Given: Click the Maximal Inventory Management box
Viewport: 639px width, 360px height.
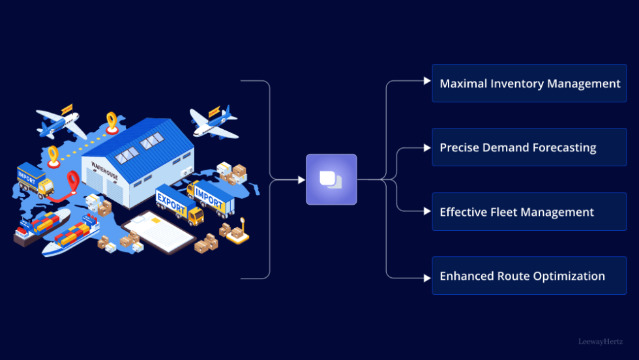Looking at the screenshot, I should click(x=529, y=83).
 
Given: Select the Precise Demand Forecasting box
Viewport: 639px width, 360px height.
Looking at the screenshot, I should click(x=529, y=147).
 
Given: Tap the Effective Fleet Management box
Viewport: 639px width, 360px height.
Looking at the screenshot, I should click(x=529, y=212).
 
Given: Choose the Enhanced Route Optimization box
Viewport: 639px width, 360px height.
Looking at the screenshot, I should click(x=529, y=276).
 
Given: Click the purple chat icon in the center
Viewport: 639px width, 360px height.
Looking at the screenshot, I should click(x=331, y=179).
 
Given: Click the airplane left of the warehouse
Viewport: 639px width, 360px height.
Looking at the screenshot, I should click(x=60, y=124).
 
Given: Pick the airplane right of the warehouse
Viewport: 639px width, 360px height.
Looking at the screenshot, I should click(x=213, y=123).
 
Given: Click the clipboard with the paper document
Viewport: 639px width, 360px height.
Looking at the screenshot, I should click(x=158, y=231).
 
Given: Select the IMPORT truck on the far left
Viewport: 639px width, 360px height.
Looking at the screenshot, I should click(x=34, y=181).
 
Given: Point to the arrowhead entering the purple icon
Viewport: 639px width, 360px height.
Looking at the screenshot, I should click(x=301, y=179).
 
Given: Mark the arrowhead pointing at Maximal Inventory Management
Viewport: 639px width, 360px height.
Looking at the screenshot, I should click(x=427, y=81).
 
